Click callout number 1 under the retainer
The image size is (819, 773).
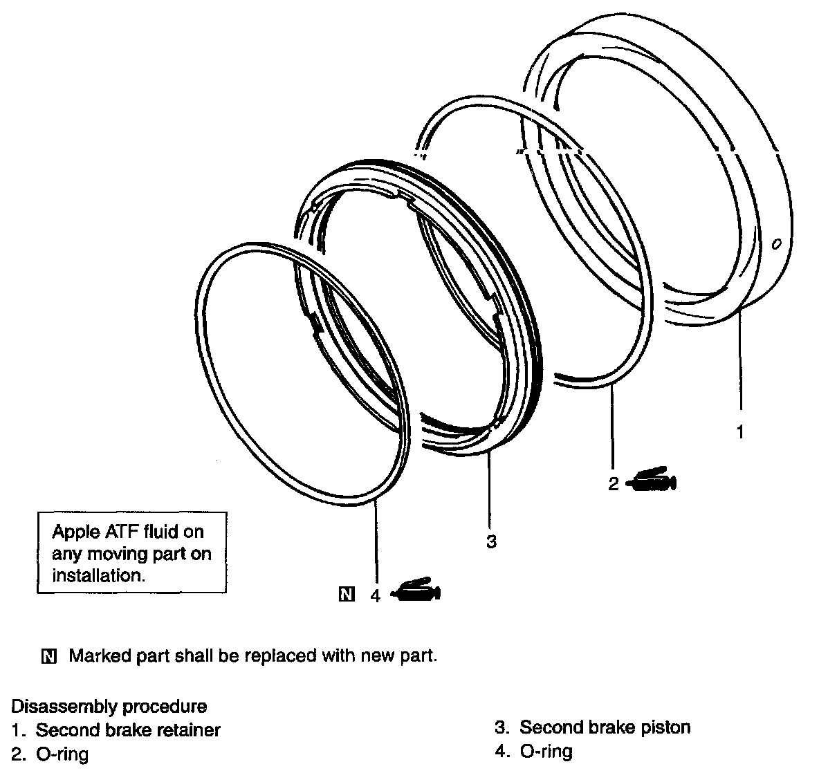click(739, 433)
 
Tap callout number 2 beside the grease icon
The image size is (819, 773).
click(613, 484)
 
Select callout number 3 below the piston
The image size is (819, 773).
click(491, 541)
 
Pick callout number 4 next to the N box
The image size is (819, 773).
click(376, 595)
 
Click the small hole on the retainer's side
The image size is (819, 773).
click(776, 244)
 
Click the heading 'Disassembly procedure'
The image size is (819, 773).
click(109, 707)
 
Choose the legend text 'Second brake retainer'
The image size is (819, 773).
click(128, 729)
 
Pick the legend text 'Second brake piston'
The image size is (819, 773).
click(605, 727)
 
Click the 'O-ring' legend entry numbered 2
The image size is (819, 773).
click(62, 753)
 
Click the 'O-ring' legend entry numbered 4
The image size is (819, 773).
click(546, 751)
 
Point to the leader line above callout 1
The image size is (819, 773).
click(739, 366)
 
